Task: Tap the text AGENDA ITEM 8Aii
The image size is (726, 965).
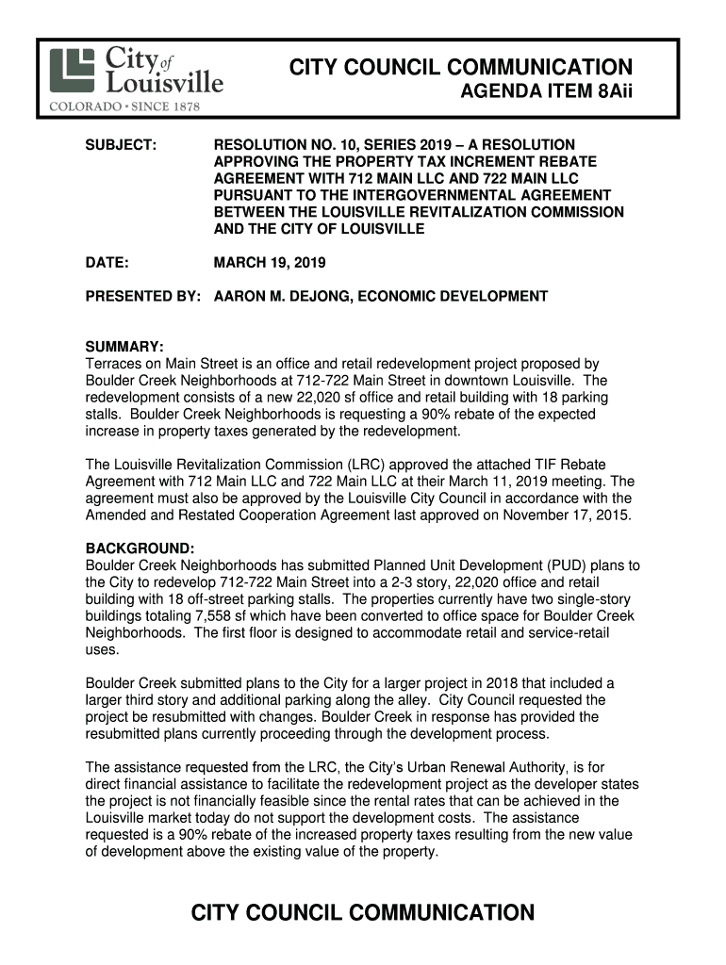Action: (x=545, y=94)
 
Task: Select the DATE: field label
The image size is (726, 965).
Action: (x=107, y=262)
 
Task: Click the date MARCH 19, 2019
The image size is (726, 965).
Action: (x=270, y=262)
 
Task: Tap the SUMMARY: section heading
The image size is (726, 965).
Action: (x=125, y=347)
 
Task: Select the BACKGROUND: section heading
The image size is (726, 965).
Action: (x=140, y=548)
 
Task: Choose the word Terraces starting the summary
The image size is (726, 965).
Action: (x=114, y=364)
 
